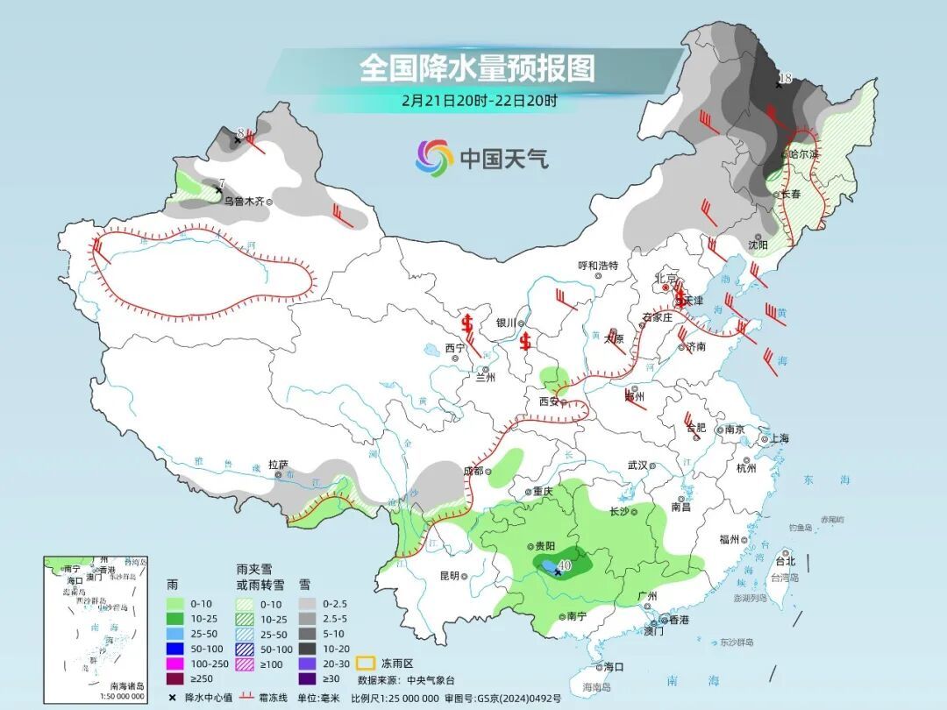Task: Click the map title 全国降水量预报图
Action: pyautogui.click(x=477, y=67)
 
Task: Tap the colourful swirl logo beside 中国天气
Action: pyautogui.click(x=434, y=158)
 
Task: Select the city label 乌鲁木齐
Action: pyautogui.click(x=243, y=201)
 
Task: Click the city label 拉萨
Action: pyautogui.click(x=278, y=465)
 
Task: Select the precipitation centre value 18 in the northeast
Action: pyautogui.click(x=785, y=79)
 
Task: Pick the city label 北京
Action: pyautogui.click(x=664, y=279)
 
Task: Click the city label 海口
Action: pyautogui.click(x=613, y=666)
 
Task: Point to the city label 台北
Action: pyautogui.click(x=785, y=561)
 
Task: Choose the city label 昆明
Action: pyautogui.click(x=449, y=576)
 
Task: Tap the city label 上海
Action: pyautogui.click(x=778, y=438)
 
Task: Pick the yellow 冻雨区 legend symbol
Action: pyautogui.click(x=368, y=664)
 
